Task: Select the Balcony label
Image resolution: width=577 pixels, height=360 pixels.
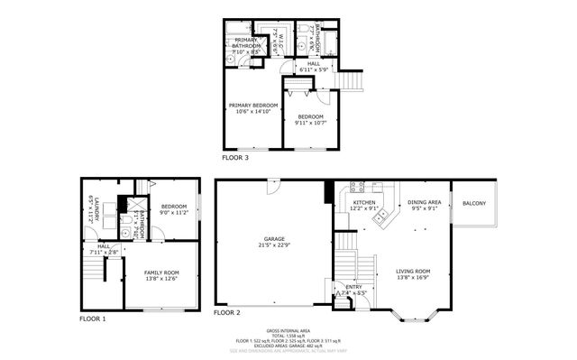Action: point(473,203)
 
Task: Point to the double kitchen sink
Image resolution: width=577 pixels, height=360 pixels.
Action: point(383,216)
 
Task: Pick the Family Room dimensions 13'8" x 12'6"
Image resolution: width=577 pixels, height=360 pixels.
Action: point(160,278)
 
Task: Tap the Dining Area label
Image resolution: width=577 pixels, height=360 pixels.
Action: point(424,202)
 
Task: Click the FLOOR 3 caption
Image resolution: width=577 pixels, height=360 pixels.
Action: point(235,157)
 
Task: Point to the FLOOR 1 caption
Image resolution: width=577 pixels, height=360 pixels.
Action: point(92,318)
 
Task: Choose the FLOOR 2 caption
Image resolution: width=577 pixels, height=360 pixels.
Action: point(226,312)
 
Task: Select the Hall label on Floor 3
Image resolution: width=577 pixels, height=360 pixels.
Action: point(313,64)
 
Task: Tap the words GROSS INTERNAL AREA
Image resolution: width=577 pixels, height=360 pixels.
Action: point(288,330)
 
